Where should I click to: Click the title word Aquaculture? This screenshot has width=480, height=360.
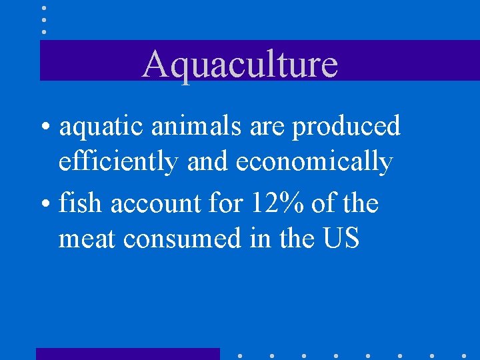point(240,64)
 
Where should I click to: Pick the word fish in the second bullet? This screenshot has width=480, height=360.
point(81,203)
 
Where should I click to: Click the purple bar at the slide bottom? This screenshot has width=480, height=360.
point(127,354)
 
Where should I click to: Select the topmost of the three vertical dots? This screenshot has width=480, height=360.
point(44,8)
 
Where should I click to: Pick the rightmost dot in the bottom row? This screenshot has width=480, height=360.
point(464,356)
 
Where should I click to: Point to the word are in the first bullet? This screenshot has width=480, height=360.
point(268,127)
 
